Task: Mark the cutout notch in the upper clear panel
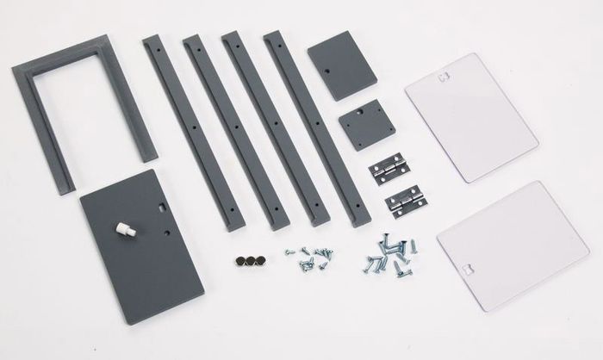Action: [x=444, y=75]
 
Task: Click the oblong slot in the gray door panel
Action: [x=164, y=206]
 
